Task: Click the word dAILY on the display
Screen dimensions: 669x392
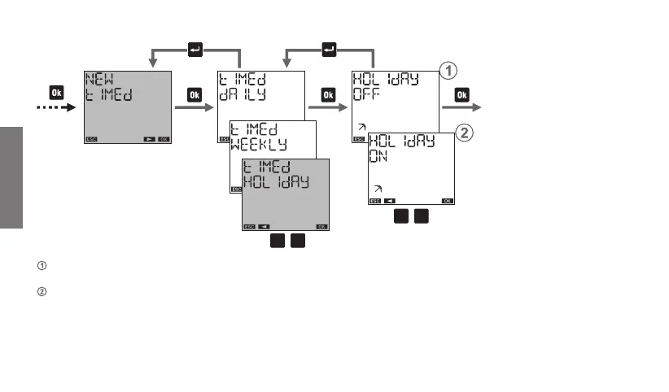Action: click(x=243, y=95)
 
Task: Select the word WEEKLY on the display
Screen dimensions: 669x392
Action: click(x=260, y=144)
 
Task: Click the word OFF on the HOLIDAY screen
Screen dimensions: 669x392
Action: click(x=366, y=94)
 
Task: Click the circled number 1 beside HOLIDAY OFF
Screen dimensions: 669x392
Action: click(x=447, y=72)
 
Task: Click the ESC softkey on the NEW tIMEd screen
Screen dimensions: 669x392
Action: click(x=91, y=139)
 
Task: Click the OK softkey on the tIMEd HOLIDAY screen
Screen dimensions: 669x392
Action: click(x=321, y=226)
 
